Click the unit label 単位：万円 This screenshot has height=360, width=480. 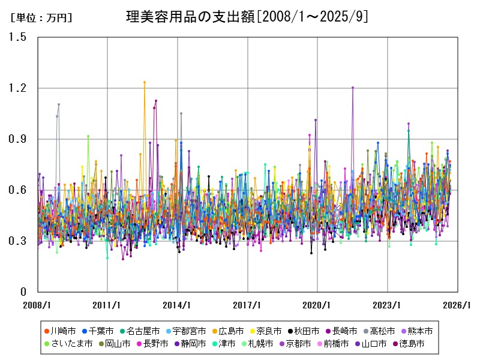41,18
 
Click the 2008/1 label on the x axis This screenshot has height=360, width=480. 37,305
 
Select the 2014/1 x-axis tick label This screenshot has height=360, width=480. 178,305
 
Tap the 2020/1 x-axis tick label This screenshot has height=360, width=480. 318,305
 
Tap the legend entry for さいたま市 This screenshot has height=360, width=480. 68,344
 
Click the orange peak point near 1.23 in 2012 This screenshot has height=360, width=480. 145,82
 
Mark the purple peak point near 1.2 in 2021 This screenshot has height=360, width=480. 353,88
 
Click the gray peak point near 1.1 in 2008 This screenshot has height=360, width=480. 59,104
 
